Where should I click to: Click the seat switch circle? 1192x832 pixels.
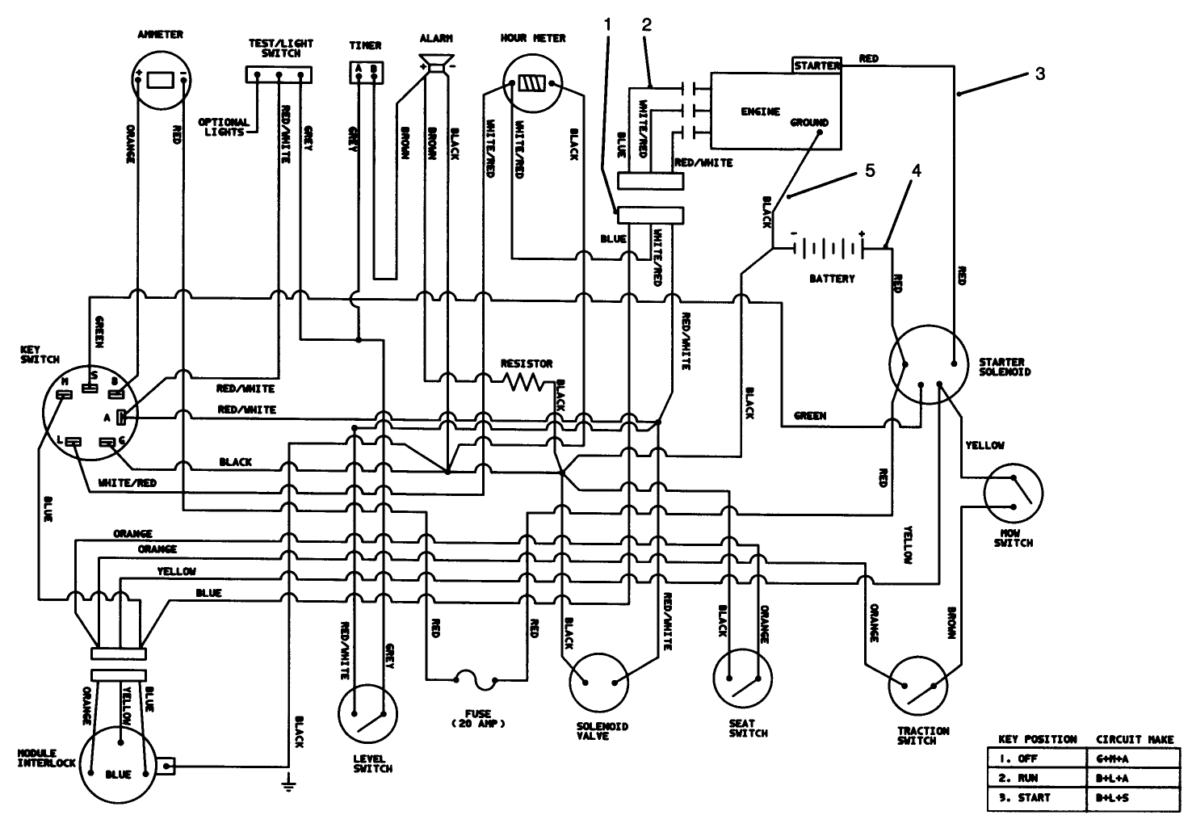742,678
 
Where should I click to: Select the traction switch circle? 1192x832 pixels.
922,686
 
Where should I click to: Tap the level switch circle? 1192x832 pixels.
368,712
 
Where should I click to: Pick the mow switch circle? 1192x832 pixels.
1014,493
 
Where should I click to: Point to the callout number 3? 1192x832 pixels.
1040,74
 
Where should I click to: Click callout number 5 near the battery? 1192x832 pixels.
870,171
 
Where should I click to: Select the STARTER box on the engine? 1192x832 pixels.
816,65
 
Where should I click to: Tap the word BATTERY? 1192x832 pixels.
832,279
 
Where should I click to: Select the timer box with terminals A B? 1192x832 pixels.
363,69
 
